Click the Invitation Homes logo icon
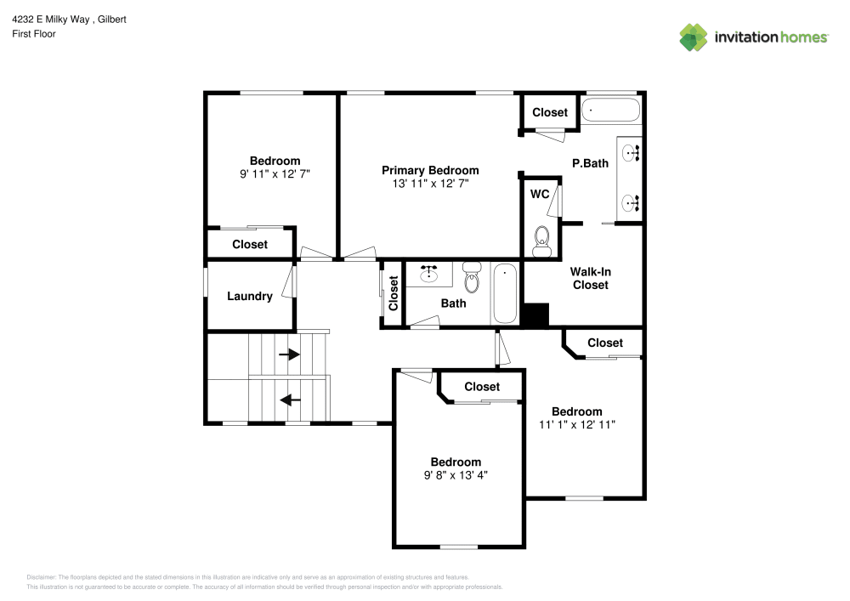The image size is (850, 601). pyautogui.click(x=693, y=37)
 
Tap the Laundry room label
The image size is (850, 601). pyautogui.click(x=250, y=297)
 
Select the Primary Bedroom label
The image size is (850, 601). pyautogui.click(x=430, y=170)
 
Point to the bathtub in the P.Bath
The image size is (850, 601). pyautogui.click(x=610, y=111)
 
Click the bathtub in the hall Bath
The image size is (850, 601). pyautogui.click(x=505, y=293)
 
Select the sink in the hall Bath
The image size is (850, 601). pyautogui.click(x=429, y=274)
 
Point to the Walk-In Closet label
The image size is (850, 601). pyautogui.click(x=590, y=278)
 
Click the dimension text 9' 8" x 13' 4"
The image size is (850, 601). pyautogui.click(x=456, y=476)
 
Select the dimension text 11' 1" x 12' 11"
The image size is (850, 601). pyautogui.click(x=576, y=424)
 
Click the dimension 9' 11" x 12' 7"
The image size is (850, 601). pyautogui.click(x=275, y=174)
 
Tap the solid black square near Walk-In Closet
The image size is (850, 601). pyautogui.click(x=535, y=315)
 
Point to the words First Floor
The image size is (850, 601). pyautogui.click(x=34, y=34)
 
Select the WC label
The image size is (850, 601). pyautogui.click(x=540, y=194)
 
